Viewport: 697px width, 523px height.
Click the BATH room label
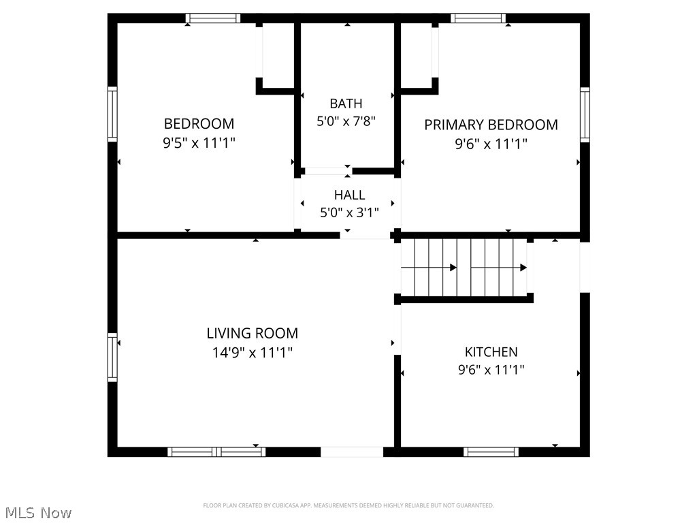346,104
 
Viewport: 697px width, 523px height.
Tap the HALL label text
349,195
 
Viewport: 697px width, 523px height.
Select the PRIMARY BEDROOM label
491,125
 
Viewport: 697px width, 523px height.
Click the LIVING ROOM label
252,333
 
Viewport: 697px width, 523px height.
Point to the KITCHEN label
491,351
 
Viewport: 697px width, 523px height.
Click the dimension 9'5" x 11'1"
199,143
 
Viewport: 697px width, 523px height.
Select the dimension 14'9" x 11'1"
252,353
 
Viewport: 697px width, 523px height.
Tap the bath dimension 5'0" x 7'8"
346,121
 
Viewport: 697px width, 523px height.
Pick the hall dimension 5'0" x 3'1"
349,212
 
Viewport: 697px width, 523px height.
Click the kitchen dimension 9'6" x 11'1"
491,370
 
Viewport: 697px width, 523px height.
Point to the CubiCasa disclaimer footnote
348,505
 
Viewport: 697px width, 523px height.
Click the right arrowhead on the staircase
523,268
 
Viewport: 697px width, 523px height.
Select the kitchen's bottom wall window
491,451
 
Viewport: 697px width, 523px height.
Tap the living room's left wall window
112,356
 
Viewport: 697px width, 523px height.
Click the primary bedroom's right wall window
585,114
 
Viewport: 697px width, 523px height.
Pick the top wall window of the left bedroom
213,18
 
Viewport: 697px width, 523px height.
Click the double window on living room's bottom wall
216,451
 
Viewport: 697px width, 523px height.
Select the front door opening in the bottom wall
352,451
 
